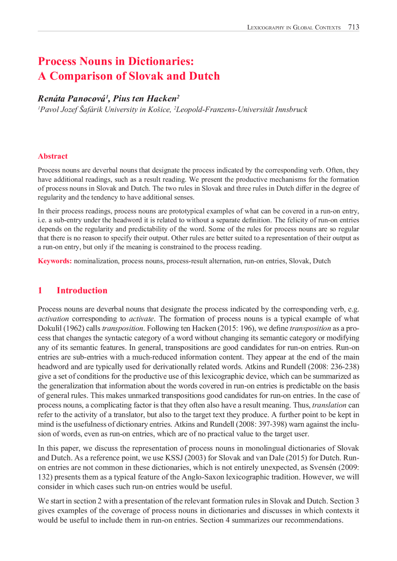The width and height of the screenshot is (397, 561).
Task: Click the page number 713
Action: point(353,27)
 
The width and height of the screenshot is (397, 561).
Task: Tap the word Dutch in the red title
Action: point(204,76)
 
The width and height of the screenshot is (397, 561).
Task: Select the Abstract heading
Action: point(52,156)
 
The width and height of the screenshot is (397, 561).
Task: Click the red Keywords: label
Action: point(55,261)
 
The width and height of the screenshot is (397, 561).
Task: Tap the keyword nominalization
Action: point(96,261)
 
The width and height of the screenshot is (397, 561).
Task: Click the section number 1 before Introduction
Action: point(40,290)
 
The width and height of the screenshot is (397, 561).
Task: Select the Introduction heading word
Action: point(82,290)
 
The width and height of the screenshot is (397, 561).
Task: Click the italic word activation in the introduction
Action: point(53,319)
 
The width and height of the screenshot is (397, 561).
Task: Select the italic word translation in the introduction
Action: point(329,405)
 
